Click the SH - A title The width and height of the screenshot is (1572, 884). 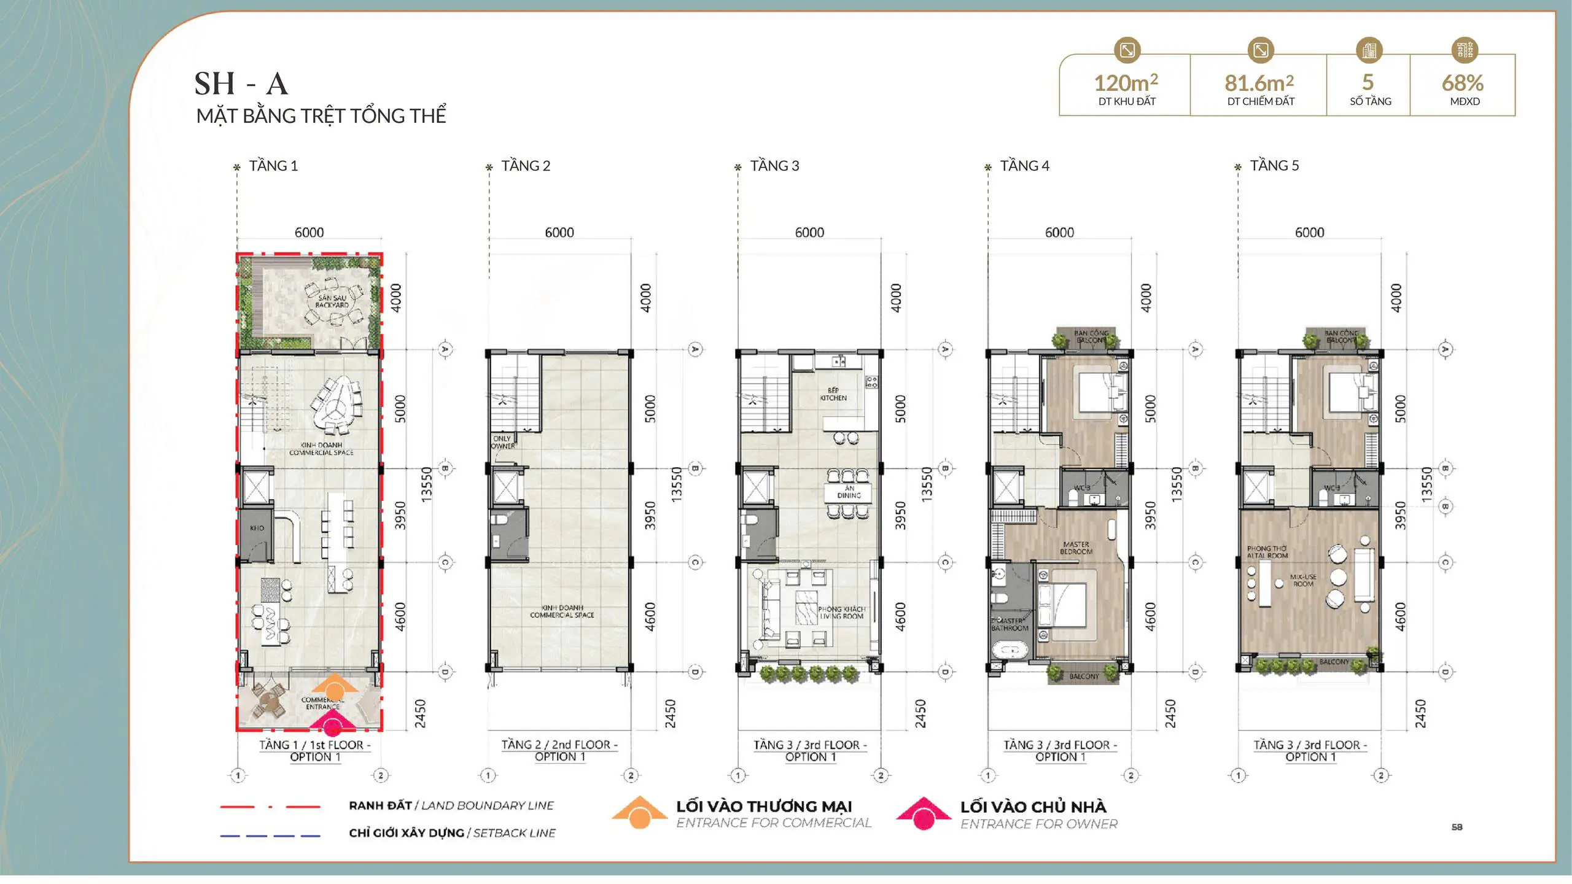(241, 84)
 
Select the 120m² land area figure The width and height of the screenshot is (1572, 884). (1126, 83)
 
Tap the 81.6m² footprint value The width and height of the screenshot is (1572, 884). (1259, 83)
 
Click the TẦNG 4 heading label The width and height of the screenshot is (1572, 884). (1024, 166)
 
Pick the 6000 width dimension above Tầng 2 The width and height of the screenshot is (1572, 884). (559, 233)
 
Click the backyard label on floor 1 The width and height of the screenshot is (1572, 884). (332, 301)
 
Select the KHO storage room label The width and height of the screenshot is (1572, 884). (257, 528)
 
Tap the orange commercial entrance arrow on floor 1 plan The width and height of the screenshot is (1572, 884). (334, 686)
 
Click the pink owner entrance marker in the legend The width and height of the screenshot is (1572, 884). (923, 814)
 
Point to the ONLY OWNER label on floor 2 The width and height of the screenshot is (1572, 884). (503, 442)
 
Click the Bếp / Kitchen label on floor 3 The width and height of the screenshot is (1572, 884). (833, 394)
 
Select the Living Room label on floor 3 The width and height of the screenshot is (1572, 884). (842, 613)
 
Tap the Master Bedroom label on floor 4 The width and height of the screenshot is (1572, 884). (1076, 548)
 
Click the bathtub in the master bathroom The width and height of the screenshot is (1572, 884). (1010, 649)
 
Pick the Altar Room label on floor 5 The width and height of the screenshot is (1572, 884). (1267, 552)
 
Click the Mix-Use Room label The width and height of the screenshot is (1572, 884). (1303, 580)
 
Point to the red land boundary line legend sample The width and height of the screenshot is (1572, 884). (270, 806)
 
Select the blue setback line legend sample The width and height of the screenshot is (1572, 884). (270, 836)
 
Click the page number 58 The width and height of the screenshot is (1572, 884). (1457, 827)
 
